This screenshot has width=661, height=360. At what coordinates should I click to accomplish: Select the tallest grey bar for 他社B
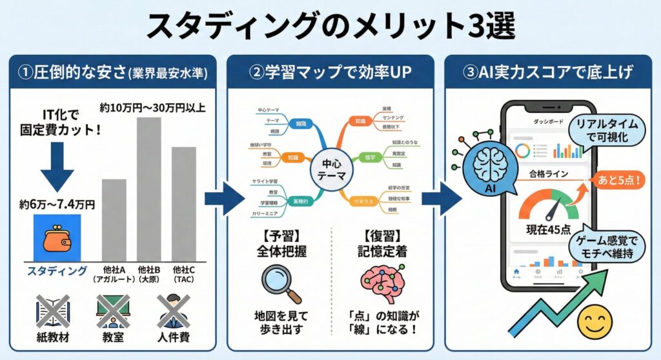click(148, 187)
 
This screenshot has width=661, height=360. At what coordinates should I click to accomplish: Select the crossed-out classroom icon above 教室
click(113, 312)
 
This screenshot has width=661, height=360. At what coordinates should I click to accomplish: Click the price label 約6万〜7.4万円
click(57, 205)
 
